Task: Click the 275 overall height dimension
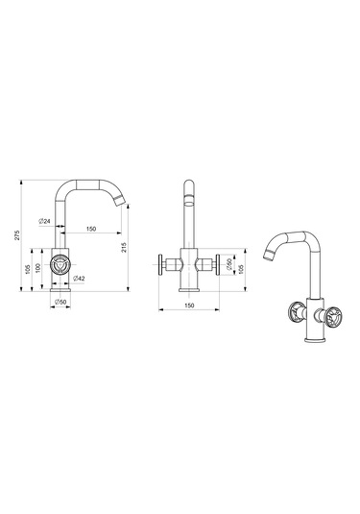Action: (x=17, y=235)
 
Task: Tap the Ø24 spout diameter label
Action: (x=44, y=221)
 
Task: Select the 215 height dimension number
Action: (x=124, y=247)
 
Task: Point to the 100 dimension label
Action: (x=38, y=268)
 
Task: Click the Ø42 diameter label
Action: (x=79, y=279)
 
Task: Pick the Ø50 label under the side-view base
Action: (x=60, y=302)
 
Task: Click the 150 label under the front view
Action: (x=189, y=306)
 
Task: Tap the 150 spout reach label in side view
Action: (x=91, y=229)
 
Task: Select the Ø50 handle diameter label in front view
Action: (x=229, y=264)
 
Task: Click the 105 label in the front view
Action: (x=241, y=269)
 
